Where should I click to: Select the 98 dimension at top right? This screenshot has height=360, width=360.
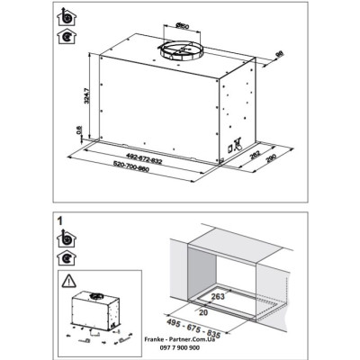click(280, 56)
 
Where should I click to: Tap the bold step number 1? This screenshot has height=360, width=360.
click(59, 219)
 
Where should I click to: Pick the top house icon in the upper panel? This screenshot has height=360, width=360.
click(65, 18)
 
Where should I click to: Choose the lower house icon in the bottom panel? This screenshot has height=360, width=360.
click(65, 256)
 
